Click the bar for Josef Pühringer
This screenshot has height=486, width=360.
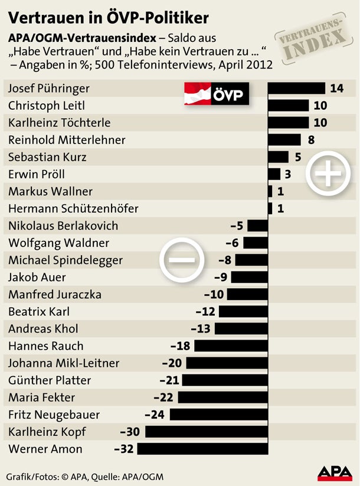tap(297, 89)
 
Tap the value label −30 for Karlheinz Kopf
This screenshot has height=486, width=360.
tap(130, 432)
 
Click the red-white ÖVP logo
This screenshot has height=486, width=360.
tap(217, 93)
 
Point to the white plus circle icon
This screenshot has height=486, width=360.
tap(328, 174)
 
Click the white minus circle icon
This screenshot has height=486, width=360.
tap(182, 259)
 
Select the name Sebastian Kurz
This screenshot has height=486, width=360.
tap(47, 157)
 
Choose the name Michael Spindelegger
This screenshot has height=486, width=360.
tap(66, 260)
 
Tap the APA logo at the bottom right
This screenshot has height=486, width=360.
tap(335, 472)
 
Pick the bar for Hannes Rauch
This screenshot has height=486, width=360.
tap(231, 346)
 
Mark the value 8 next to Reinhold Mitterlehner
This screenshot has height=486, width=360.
tap(311, 140)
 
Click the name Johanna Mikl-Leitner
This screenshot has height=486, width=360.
tap(64, 363)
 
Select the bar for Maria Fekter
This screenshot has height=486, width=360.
tap(223, 397)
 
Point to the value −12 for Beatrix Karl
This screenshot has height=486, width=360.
tap(206, 312)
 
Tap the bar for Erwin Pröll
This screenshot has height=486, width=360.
tap(274, 174)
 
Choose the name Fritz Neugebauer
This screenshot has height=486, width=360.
tap(54, 415)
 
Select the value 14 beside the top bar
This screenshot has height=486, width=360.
tap(337, 89)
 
